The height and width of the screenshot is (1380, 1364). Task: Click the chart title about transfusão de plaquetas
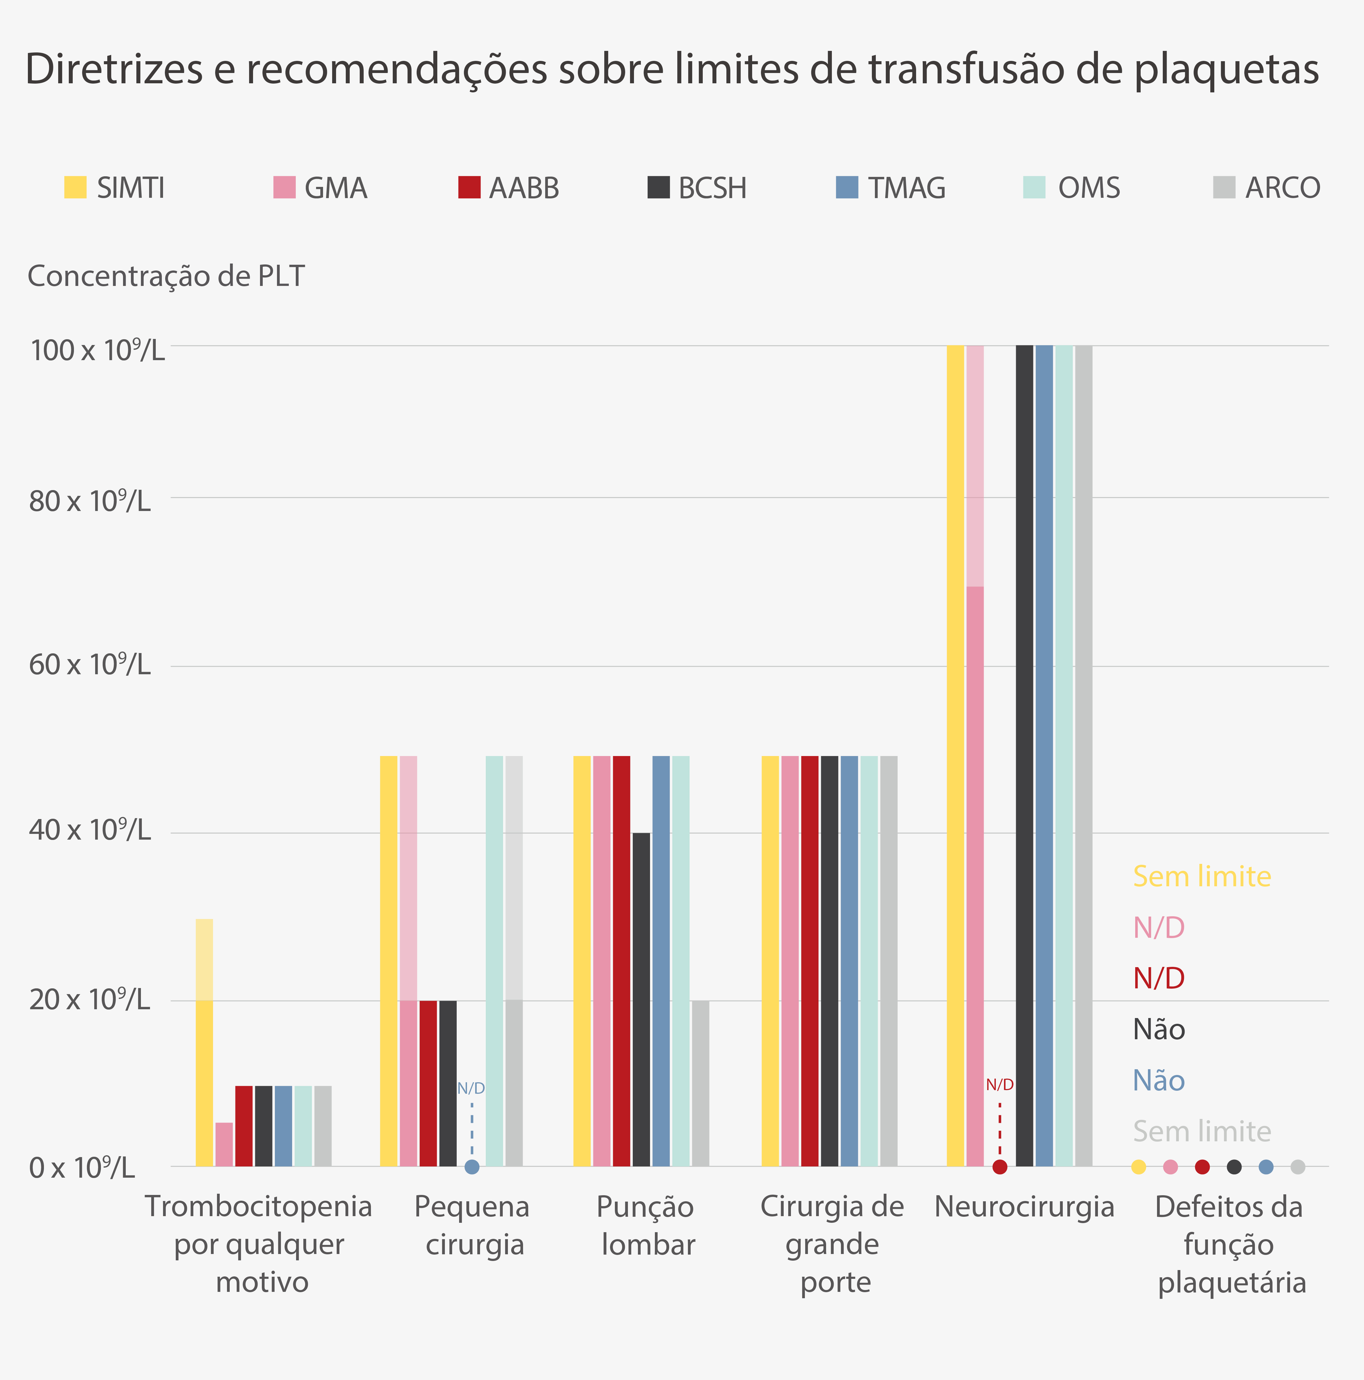pos(672,69)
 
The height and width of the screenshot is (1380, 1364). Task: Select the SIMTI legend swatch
pos(75,187)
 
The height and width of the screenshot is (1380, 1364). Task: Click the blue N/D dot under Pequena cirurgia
pos(472,1167)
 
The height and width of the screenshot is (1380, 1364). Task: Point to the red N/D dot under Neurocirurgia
pos(1000,1167)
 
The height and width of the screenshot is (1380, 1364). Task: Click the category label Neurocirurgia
pos(1024,1207)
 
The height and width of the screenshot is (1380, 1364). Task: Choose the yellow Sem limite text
pos(1202,876)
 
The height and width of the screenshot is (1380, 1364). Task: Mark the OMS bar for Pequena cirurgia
pos(494,961)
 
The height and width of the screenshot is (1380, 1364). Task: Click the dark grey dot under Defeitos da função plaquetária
pos(1234,1167)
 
